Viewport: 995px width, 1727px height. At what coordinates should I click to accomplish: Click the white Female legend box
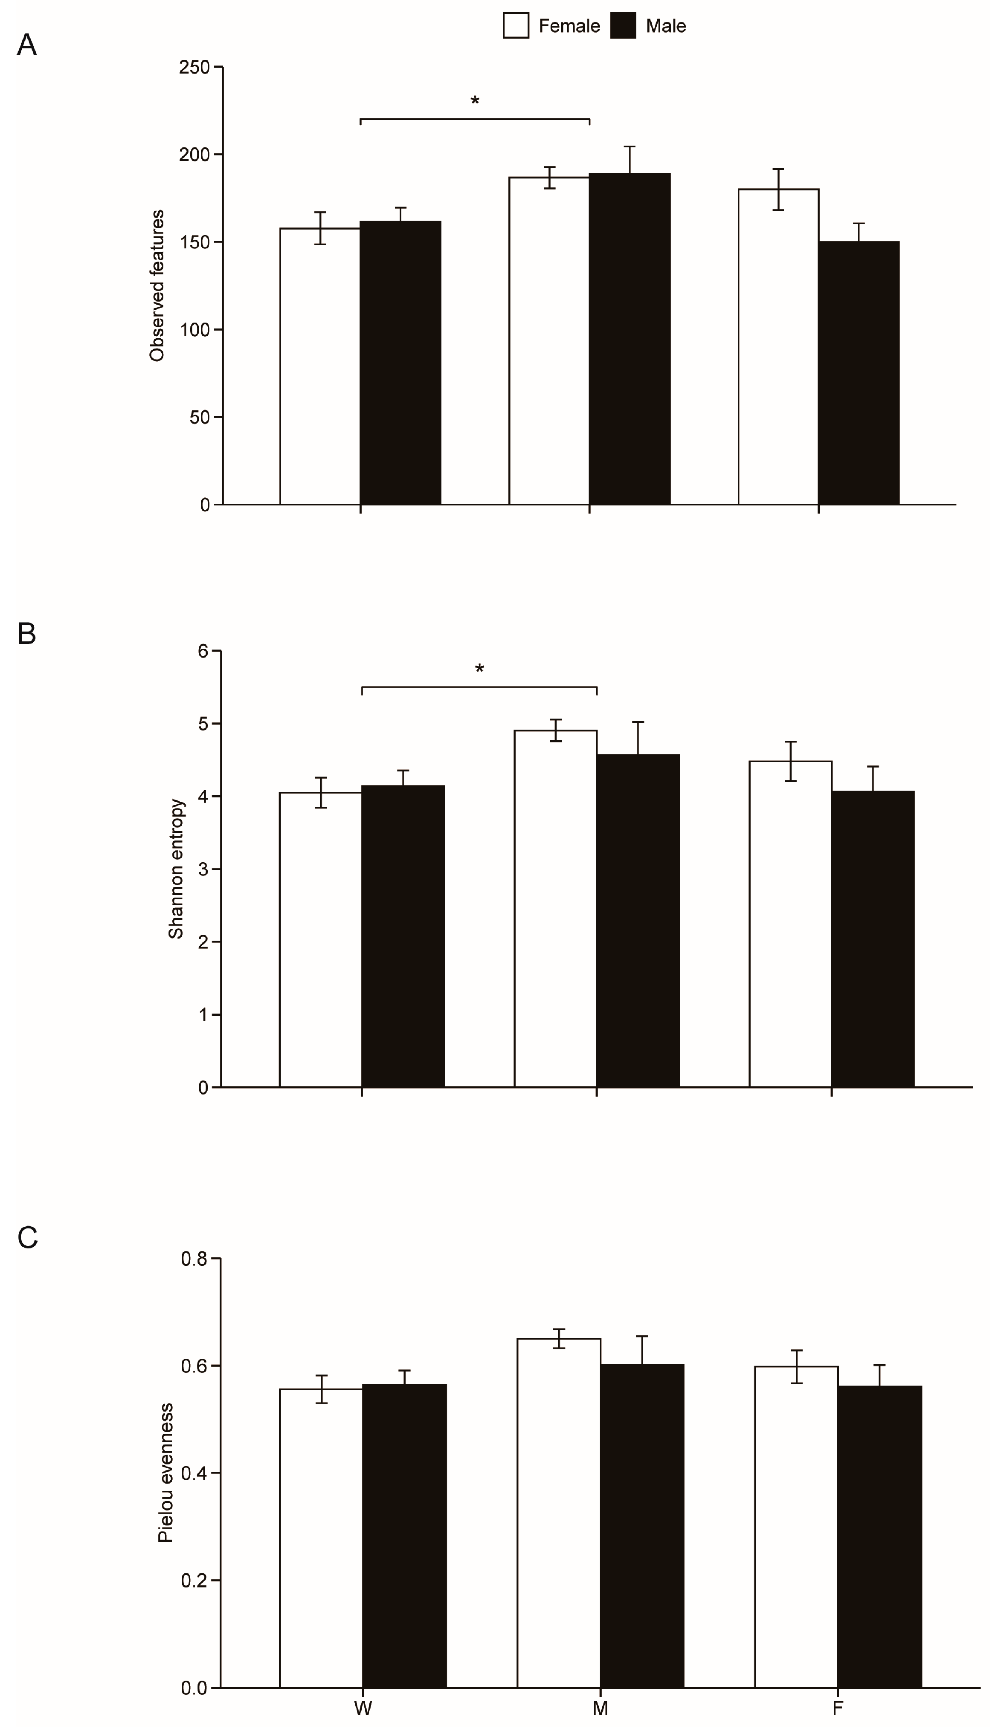pyautogui.click(x=515, y=26)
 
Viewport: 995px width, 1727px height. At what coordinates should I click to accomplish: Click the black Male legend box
pyautogui.click(x=623, y=26)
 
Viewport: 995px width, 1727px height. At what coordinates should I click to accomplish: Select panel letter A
pyautogui.click(x=27, y=46)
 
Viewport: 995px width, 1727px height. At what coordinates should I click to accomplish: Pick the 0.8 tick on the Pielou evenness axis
pyautogui.click(x=194, y=1258)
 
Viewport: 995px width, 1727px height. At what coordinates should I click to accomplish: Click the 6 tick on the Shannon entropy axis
pyautogui.click(x=203, y=651)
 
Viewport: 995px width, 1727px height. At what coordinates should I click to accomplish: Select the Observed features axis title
pyautogui.click(x=157, y=286)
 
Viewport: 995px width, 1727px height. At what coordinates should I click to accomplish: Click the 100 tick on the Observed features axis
pyautogui.click(x=194, y=330)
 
